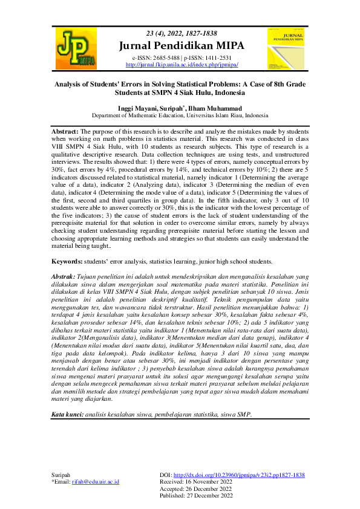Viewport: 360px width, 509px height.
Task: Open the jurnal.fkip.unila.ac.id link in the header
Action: (182, 64)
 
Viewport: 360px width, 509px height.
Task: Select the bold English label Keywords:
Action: (67, 262)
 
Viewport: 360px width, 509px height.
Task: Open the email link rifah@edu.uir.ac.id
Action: (96, 482)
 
